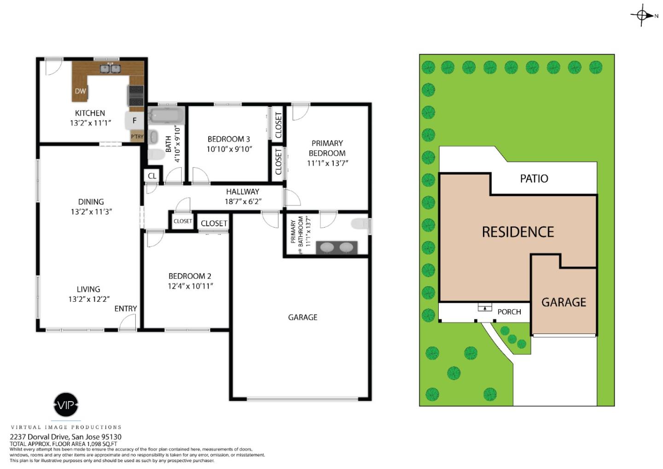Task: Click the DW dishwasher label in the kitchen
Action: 81,91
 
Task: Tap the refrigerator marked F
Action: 134,121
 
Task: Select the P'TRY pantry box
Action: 137,136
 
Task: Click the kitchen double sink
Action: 110,69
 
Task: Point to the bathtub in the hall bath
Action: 166,115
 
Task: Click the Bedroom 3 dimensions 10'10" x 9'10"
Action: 229,149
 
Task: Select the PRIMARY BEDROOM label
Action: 327,148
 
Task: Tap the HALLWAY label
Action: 243,192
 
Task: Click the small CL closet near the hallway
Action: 152,176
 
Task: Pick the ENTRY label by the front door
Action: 126,309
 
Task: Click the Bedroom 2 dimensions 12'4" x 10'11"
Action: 190,286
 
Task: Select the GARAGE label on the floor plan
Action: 302,317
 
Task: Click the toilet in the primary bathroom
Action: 360,224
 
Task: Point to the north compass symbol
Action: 642,15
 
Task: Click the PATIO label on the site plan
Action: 534,178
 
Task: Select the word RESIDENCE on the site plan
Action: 518,232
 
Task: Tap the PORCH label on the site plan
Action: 509,312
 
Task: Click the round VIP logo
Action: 66,405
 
